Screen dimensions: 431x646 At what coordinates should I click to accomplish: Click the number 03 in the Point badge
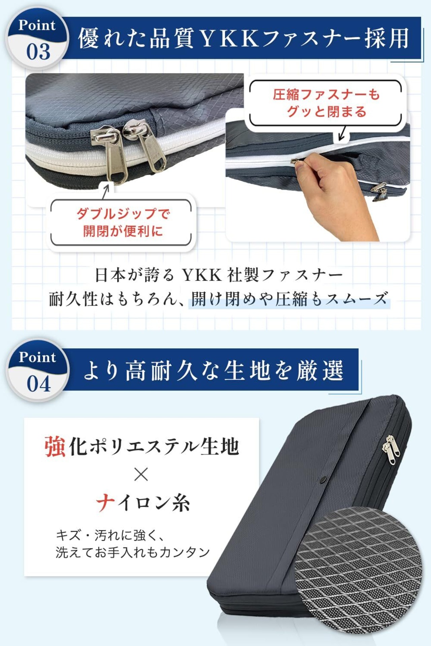click(38, 52)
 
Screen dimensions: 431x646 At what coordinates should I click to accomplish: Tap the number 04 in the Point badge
click(39, 384)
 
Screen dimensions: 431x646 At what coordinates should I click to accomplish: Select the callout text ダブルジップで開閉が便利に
click(123, 222)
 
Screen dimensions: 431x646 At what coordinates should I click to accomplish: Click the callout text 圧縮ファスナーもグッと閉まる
click(326, 103)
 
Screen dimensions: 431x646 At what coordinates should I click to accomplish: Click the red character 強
click(55, 446)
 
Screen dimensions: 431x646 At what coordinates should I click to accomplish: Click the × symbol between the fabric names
click(141, 475)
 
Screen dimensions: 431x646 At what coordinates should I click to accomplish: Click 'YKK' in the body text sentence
click(202, 275)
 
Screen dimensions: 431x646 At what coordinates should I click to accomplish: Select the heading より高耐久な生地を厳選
click(213, 370)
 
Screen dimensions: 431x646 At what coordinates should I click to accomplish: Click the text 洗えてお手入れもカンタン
click(133, 552)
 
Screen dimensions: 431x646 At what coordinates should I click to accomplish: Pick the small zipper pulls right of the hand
click(380, 192)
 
